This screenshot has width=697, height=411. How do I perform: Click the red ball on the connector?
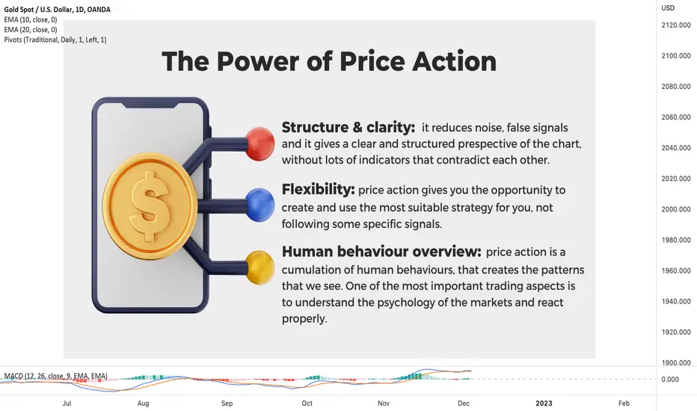tap(260, 143)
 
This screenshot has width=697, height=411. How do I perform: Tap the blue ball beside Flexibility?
tap(260, 205)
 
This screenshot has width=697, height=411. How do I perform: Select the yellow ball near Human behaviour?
tap(260, 267)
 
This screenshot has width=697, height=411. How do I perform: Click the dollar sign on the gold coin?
tap(149, 205)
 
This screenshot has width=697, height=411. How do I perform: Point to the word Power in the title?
tap(257, 61)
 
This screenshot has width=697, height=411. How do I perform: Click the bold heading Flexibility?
tap(319, 190)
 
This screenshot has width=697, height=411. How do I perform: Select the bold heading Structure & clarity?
tap(348, 128)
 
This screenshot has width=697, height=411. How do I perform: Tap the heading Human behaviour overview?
tap(381, 252)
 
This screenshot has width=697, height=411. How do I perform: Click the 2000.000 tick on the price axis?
tap(675, 209)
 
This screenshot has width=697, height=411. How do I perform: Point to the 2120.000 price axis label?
tap(675, 25)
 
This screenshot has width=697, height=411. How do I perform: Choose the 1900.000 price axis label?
tap(675, 362)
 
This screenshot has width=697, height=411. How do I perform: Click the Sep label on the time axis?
tap(227, 404)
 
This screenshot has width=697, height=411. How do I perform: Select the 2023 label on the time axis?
tap(544, 404)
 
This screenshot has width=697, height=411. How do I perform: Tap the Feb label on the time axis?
tap(624, 404)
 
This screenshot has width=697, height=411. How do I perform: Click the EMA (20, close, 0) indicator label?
tap(31, 30)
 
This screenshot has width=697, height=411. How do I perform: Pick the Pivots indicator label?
tap(55, 40)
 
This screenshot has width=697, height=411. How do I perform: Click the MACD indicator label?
tap(55, 376)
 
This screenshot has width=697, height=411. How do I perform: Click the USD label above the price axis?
tap(668, 8)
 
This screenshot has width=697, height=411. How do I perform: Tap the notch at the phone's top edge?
tap(150, 105)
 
